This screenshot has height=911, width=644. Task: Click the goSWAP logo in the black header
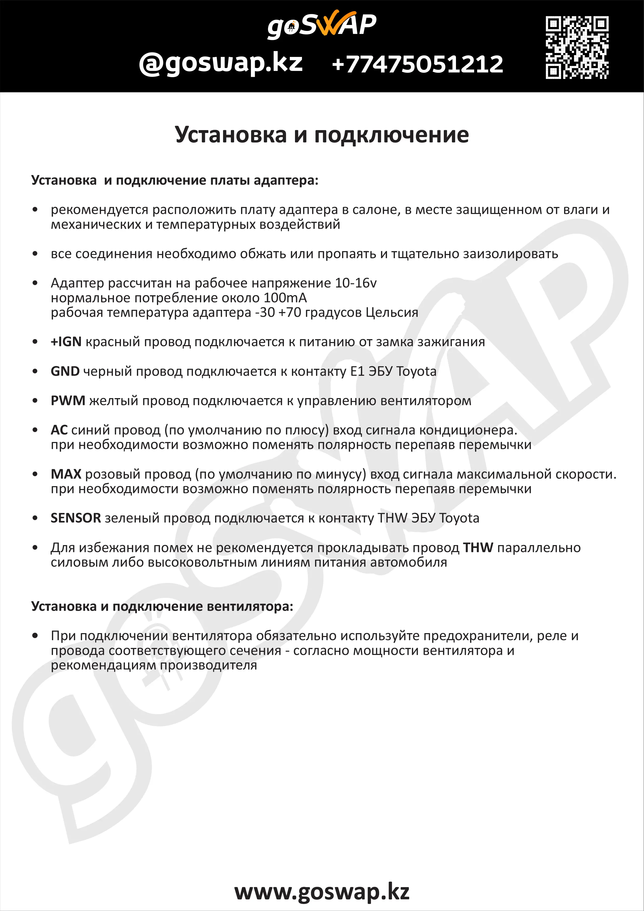322,25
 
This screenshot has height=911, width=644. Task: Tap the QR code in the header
577,47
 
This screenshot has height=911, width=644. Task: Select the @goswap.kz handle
221,63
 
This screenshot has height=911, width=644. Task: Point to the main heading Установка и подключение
322,135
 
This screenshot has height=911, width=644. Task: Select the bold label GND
65,371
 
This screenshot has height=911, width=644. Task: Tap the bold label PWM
68,401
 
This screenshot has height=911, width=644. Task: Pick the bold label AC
59,430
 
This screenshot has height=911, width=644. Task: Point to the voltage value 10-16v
355,283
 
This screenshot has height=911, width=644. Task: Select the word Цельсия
392,312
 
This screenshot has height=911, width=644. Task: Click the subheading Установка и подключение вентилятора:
162,606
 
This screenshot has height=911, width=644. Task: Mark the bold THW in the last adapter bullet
478,547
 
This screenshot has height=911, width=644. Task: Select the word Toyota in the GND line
416,371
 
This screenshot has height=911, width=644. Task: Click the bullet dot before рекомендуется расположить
35,210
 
